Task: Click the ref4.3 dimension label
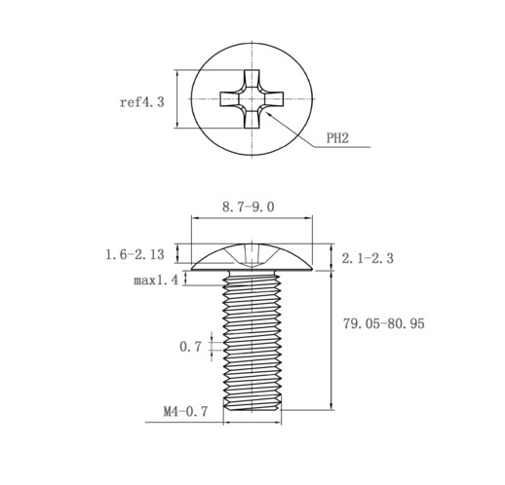pos(142,102)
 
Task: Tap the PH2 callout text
pos(337,138)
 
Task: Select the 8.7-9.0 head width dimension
pos(249,206)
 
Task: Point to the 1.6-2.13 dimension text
pos(135,254)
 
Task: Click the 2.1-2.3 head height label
pos(368,258)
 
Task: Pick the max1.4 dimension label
pos(156,280)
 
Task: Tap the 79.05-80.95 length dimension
pos(384,323)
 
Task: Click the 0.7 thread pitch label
pos(190,347)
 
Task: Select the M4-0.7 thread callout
pos(185,412)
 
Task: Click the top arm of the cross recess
pos(252,79)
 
